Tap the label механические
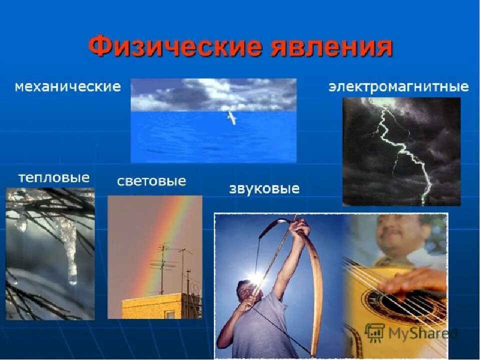(67, 86)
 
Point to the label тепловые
(54, 177)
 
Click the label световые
(151, 181)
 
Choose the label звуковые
(264, 189)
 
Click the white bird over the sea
(230, 117)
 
